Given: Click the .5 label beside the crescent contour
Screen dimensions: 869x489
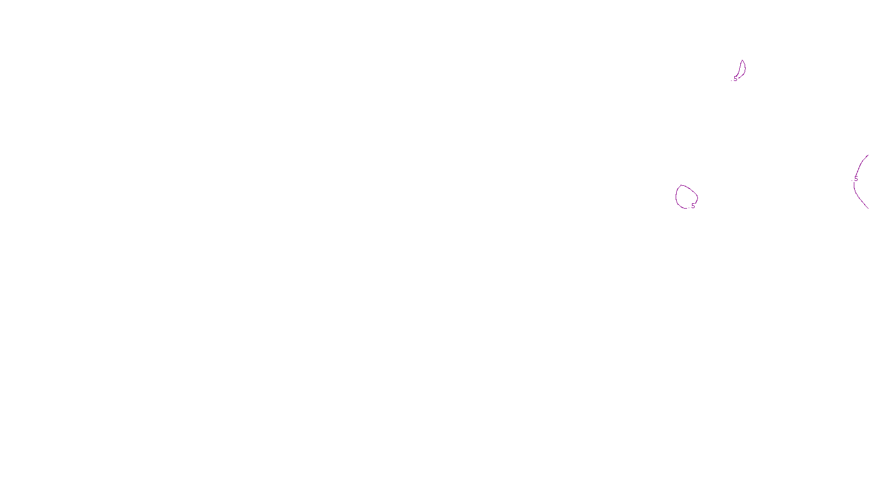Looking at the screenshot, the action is (x=735, y=79).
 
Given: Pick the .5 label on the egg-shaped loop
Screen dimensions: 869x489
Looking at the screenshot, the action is (x=692, y=206).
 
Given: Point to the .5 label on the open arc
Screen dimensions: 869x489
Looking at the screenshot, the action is (x=855, y=179).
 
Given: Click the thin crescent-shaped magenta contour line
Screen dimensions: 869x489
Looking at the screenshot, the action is (x=745, y=68).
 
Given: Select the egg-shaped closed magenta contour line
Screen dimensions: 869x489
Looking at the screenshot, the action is (x=677, y=196).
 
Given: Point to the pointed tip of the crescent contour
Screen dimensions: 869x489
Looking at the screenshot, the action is (x=742, y=60).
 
